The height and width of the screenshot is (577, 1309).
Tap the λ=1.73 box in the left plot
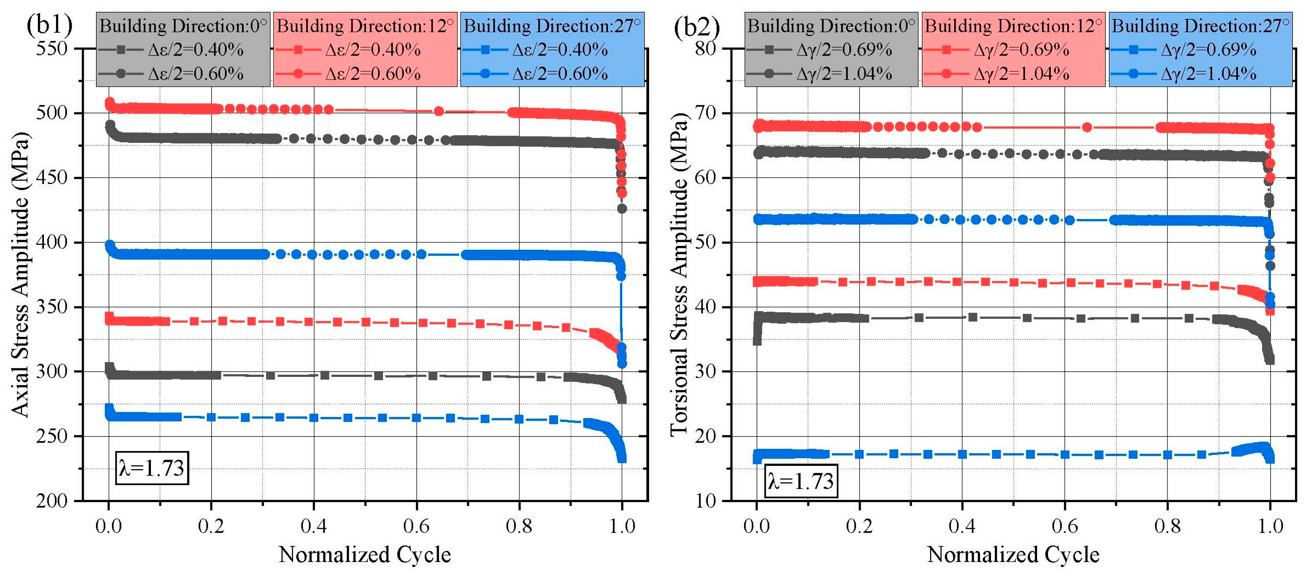[x=152, y=467]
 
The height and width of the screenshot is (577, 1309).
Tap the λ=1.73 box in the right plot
[x=801, y=480]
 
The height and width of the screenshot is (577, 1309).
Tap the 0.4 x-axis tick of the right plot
[x=962, y=526]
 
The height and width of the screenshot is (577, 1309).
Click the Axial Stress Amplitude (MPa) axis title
[x=20, y=274]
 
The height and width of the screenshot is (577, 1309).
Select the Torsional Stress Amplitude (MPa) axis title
[x=679, y=274]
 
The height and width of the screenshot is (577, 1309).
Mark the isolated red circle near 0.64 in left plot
[x=439, y=111]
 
